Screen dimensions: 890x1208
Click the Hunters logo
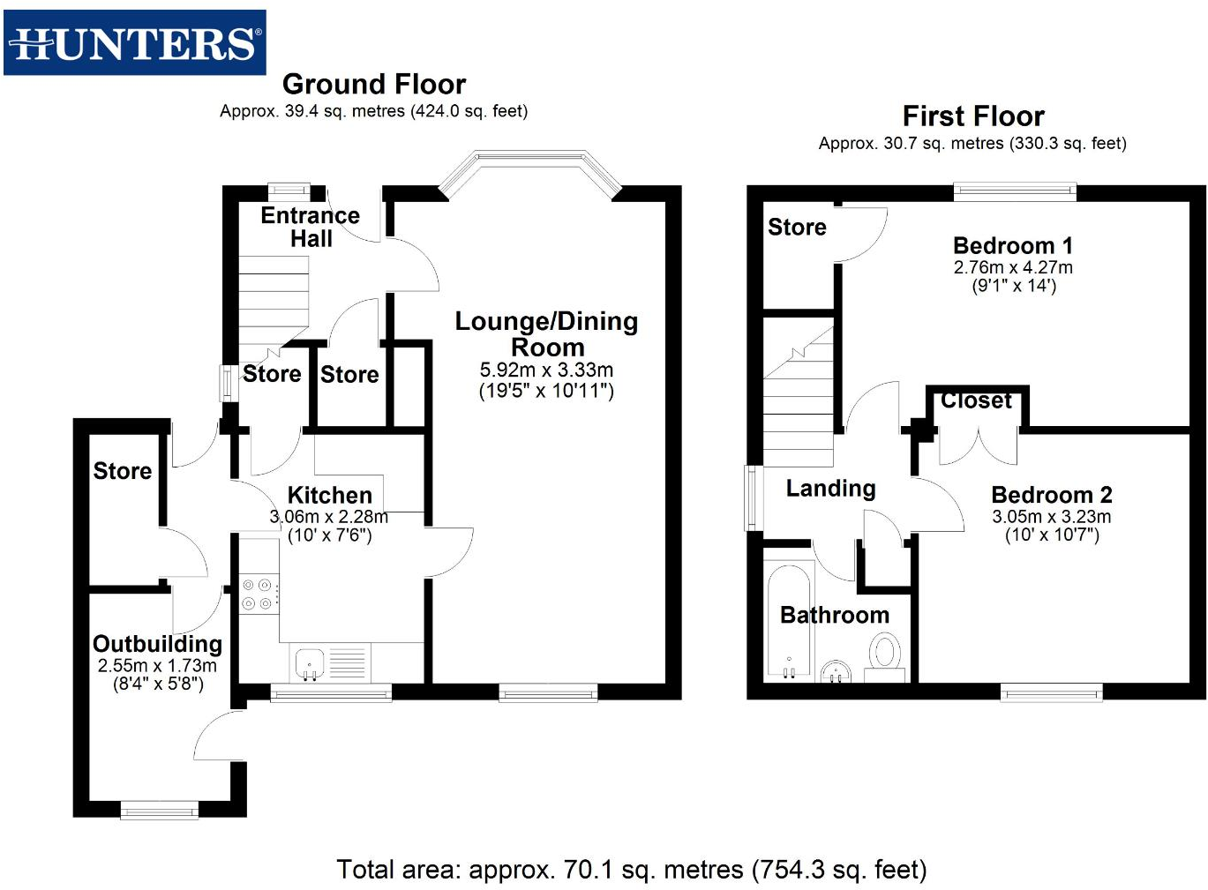click(134, 42)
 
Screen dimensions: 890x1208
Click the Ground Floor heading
click(373, 84)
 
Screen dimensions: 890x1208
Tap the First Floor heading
click(972, 116)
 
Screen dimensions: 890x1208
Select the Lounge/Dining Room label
click(546, 333)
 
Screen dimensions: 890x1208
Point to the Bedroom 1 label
click(1012, 245)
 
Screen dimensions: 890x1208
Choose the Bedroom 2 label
click(1051, 495)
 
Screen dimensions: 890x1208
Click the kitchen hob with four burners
click(259, 594)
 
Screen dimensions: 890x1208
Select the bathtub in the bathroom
click(788, 622)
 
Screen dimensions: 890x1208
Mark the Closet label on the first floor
click(976, 400)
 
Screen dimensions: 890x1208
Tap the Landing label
click(830, 489)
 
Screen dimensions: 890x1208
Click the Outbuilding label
click(157, 644)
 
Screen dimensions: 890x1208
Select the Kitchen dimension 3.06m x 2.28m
click(328, 517)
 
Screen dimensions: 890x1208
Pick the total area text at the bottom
click(631, 870)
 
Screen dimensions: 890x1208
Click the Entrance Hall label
click(310, 227)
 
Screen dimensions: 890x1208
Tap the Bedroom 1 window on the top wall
click(1015, 190)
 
